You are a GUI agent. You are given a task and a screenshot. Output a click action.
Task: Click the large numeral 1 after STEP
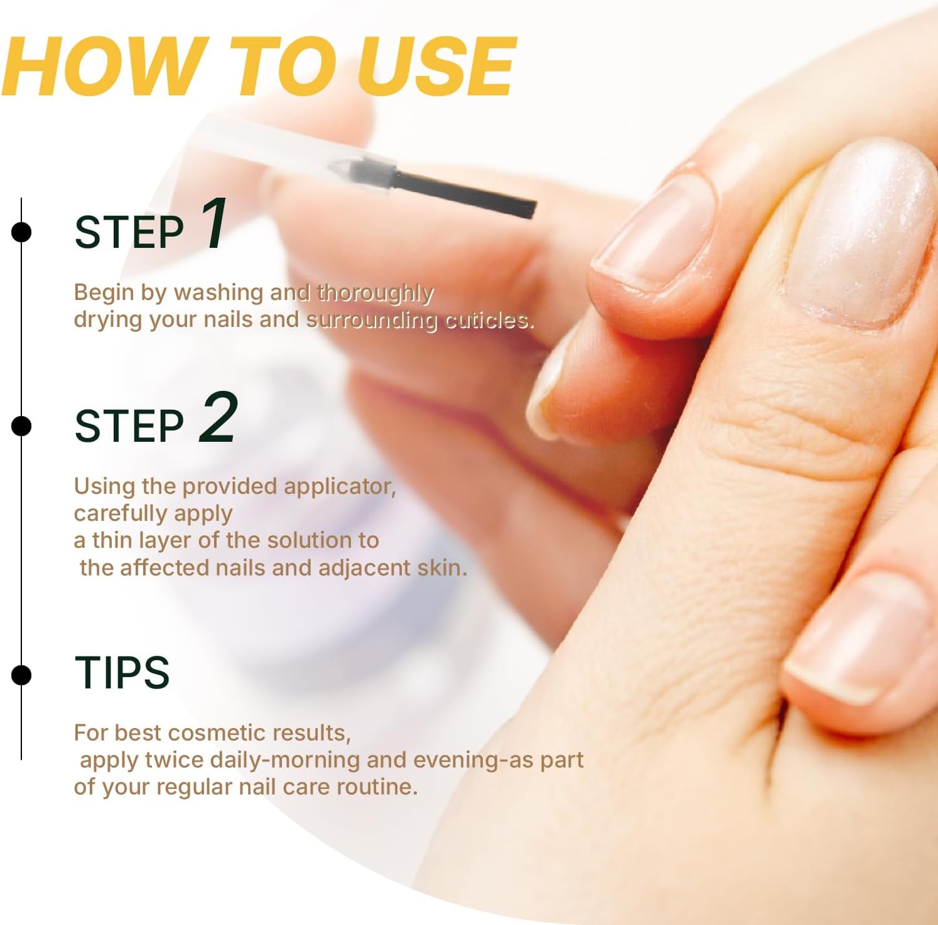pos(214,224)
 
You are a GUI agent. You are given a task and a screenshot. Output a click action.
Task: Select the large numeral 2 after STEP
pos(218,417)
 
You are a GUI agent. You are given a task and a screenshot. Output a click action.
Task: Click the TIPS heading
pos(122,673)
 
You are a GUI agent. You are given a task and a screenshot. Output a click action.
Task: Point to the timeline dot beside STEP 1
pos(21,232)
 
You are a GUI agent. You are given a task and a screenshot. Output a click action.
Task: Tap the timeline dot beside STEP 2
pos(21,426)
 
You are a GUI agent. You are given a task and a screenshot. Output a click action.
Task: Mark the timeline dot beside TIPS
pos(21,675)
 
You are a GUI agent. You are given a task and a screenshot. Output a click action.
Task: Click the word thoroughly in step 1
pos(375,293)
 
